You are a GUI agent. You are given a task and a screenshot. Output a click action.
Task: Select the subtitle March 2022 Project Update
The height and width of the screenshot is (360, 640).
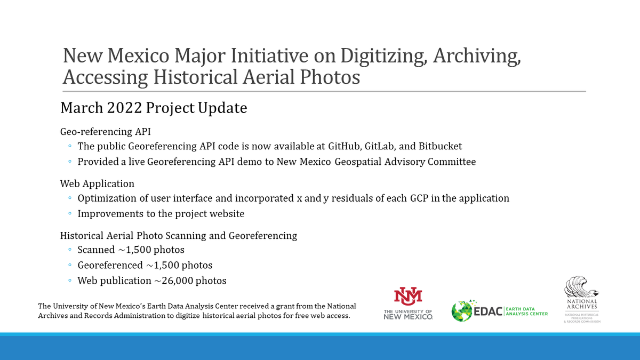coord(154,108)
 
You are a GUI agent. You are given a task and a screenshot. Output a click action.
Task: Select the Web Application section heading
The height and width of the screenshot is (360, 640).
coord(97,183)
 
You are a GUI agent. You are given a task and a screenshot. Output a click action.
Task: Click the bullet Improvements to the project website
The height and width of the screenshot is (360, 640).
coord(161,213)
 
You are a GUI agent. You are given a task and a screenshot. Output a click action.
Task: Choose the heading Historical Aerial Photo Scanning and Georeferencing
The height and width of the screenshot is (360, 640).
coord(179,235)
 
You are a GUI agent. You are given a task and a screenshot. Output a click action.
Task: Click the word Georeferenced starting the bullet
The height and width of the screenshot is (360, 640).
coord(109,265)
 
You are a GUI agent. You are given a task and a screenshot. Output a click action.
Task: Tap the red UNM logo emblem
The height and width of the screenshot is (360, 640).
coord(408,295)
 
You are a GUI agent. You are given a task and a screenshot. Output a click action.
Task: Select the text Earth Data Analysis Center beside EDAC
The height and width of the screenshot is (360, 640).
coord(527,310)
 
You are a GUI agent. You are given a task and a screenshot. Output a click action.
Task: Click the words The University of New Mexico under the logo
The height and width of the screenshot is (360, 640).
coord(408,314)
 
